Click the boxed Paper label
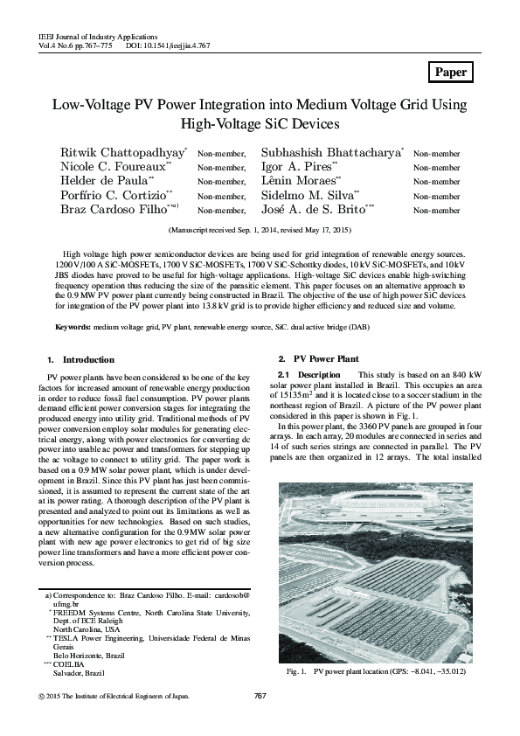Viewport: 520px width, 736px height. click(450, 73)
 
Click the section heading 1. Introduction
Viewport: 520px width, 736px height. click(80, 359)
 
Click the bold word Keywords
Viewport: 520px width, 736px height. click(71, 327)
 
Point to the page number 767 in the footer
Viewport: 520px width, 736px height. click(260, 696)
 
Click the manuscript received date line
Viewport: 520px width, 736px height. click(260, 230)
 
